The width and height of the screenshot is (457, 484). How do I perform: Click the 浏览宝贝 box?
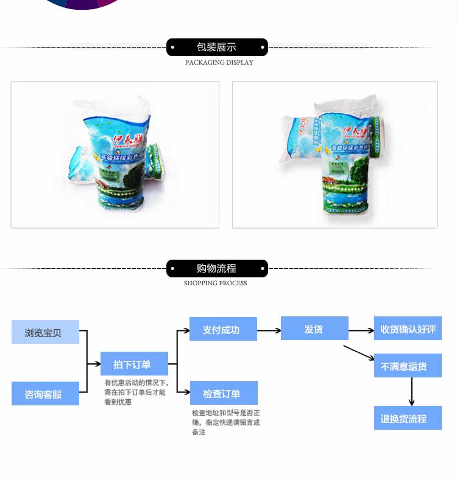point(45,332)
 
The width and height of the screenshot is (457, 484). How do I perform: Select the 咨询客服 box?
point(45,394)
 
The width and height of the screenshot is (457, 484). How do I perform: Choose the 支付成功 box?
point(223,329)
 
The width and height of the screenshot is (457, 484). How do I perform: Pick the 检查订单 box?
point(223,393)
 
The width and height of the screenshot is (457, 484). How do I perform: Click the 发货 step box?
point(314,329)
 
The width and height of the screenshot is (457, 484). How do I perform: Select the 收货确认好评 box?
point(408,329)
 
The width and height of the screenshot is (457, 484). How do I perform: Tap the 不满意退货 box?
point(408,366)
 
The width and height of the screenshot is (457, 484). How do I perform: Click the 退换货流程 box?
point(408,418)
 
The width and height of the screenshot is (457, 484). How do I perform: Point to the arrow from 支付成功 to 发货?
point(269,330)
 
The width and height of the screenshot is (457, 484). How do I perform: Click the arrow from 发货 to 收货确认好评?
point(361,330)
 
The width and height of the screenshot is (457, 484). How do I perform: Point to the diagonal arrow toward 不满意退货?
point(358,352)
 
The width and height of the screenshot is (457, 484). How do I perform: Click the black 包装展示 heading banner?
point(217,47)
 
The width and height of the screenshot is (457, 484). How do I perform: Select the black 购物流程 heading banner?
point(217,268)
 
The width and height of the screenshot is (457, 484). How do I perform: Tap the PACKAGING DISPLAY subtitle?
point(219,62)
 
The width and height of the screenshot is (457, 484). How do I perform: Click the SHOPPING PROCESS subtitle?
point(216,283)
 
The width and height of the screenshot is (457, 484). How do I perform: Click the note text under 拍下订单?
point(135,393)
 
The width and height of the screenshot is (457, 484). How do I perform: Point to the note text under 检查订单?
point(225,422)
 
